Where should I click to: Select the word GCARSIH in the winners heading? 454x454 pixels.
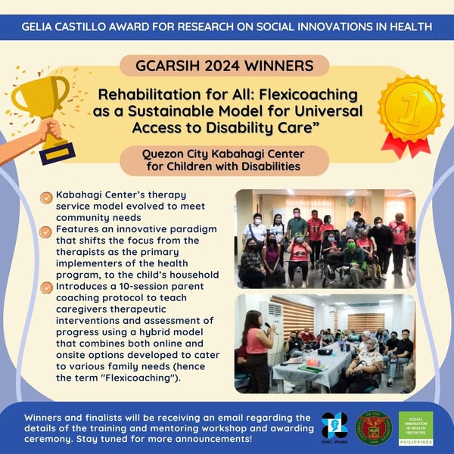[168, 66]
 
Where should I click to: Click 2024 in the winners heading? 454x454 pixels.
[222, 66]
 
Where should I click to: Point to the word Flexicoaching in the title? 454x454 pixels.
[309, 95]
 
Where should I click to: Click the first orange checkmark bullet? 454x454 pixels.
[46, 198]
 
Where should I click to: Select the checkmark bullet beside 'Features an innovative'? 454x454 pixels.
[45, 232]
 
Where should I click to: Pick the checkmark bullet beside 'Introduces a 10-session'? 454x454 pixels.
[46, 288]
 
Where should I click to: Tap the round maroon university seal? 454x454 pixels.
[374, 428]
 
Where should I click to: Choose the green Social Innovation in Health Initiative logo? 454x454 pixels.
[415, 428]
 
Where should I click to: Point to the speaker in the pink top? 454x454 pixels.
[257, 350]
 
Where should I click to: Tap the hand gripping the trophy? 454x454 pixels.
[50, 129]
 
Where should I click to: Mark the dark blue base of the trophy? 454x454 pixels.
[58, 153]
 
